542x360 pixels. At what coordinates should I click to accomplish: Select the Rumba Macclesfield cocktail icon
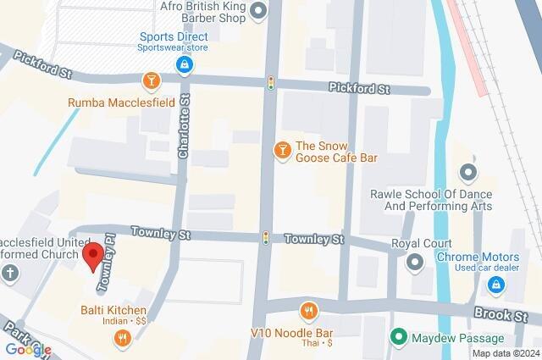click(150, 80)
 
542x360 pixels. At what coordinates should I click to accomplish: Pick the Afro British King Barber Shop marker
click(259, 10)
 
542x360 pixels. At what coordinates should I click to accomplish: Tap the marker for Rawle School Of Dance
click(467, 173)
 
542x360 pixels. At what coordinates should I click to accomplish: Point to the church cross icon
click(10, 274)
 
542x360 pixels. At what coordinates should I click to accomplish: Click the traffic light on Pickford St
click(271, 83)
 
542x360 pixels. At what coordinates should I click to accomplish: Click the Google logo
click(28, 349)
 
